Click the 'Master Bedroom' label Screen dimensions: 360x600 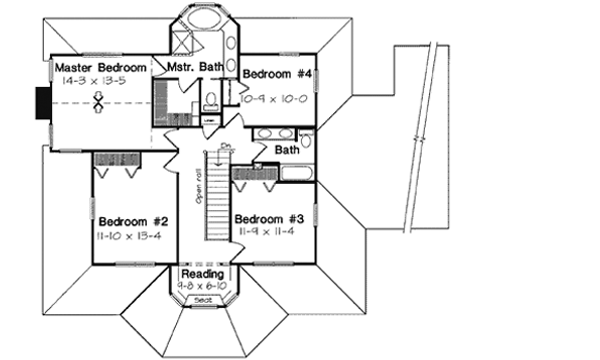96,67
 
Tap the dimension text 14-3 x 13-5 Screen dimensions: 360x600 94,79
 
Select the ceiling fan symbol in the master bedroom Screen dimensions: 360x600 99,102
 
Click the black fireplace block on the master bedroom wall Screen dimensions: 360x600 41,101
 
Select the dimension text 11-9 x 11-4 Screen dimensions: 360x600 266,232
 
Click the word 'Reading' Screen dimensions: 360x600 203,273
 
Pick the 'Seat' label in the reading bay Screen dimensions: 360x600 203,299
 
